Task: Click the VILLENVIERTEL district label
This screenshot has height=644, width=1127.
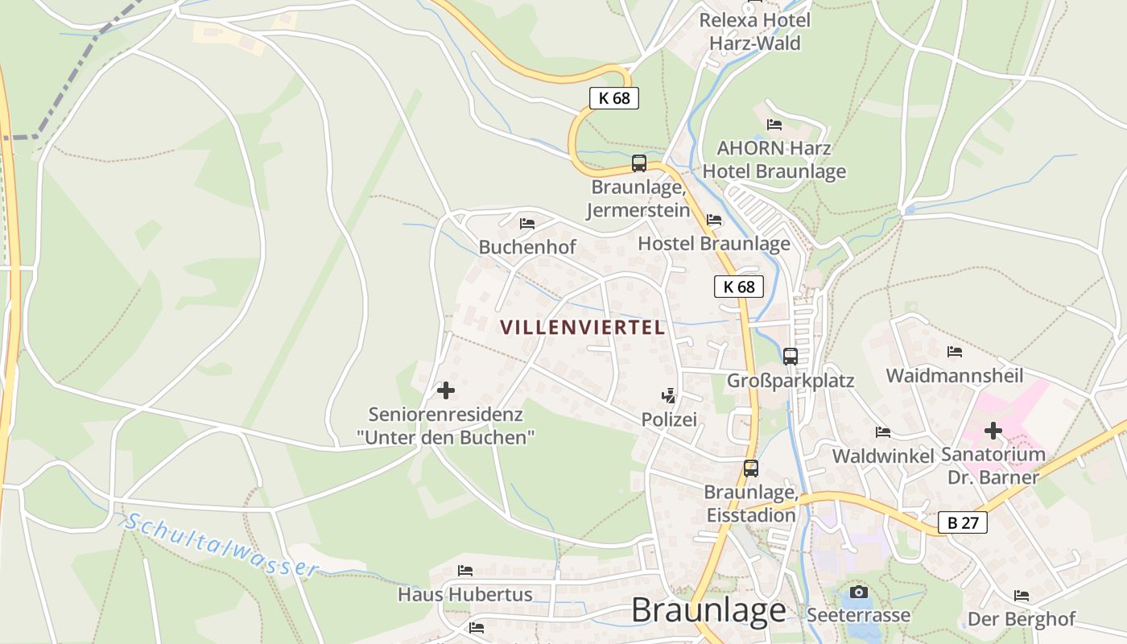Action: coord(582,328)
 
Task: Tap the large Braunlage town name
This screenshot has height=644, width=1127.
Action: coord(708,610)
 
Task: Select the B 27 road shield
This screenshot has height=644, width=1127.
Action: coord(963,523)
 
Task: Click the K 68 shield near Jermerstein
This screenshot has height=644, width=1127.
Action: coord(614,98)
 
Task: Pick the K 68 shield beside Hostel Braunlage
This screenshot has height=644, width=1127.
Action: coord(738,287)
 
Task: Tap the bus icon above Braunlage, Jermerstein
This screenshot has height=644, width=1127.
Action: coord(639,163)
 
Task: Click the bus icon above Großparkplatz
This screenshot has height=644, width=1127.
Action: coord(791,356)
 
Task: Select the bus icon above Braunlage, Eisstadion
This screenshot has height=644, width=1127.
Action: coord(751,468)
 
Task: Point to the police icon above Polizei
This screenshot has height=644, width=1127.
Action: coord(668,396)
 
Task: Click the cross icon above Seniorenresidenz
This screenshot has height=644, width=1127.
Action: coord(445,390)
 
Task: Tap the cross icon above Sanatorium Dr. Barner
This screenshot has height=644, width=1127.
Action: coord(993,431)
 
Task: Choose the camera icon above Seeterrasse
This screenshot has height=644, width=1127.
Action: coord(859,592)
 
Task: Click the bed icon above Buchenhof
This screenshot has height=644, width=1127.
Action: coord(527,223)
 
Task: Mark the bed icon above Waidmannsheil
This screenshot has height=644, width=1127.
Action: coord(955,352)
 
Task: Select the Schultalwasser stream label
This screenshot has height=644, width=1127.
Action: coord(221,545)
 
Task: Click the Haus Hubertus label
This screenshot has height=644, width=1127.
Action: coord(465,595)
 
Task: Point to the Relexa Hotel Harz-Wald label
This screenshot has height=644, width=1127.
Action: coord(754,31)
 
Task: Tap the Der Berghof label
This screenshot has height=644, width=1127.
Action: coord(1022,619)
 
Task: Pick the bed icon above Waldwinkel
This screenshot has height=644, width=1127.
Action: coord(883,432)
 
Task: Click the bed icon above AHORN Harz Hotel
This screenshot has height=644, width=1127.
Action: coord(774,125)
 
